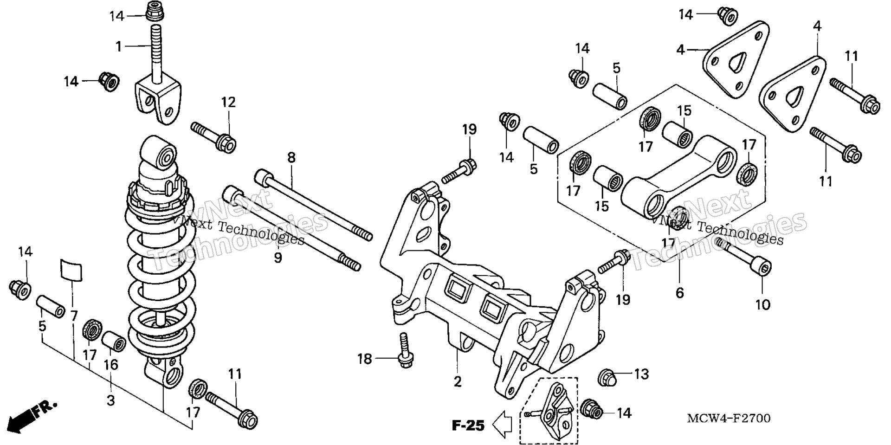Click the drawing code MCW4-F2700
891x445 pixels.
click(x=729, y=419)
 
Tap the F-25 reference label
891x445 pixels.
click(x=468, y=425)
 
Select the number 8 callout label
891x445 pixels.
click(x=291, y=157)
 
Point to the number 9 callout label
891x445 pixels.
click(x=278, y=258)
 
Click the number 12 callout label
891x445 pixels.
click(x=228, y=102)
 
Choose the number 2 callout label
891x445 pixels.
click(x=458, y=381)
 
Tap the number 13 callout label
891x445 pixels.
click(x=641, y=374)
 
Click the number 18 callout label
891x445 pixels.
click(x=365, y=359)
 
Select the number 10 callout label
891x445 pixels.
click(x=762, y=304)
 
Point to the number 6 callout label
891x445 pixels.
click(x=679, y=293)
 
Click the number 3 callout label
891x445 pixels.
click(x=110, y=400)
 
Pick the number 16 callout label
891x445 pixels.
click(x=110, y=365)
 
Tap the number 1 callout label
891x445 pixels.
click(x=119, y=46)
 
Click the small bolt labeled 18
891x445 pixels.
click(x=405, y=351)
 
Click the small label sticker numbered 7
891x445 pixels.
click(x=71, y=271)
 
